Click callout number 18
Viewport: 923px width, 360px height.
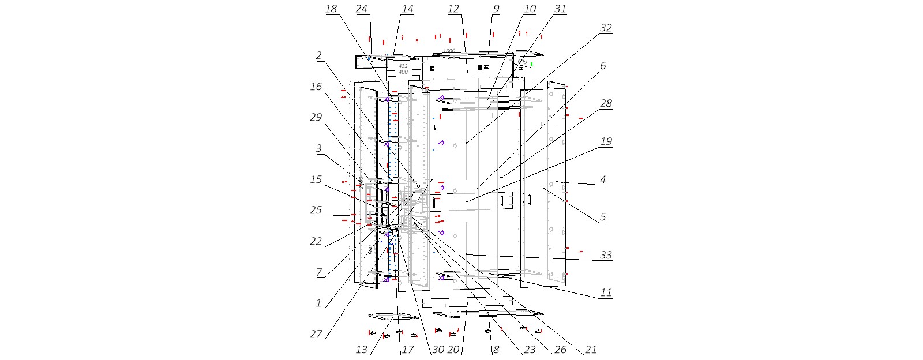(331, 9)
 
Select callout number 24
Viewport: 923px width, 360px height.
(362, 9)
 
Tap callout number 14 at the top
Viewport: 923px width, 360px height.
(407, 9)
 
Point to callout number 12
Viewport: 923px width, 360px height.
(453, 9)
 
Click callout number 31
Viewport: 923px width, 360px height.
(560, 9)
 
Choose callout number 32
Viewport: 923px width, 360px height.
(606, 28)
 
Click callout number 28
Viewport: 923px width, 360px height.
(606, 103)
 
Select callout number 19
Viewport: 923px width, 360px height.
(606, 141)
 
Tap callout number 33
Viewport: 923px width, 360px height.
(606, 255)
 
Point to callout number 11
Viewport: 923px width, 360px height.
(606, 293)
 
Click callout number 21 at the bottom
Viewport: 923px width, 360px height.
(591, 350)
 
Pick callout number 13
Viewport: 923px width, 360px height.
(362, 350)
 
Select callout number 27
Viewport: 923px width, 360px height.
(316, 335)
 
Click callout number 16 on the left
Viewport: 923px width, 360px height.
(316, 87)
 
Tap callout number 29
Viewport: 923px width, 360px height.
(316, 117)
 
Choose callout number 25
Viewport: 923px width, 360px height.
(316, 210)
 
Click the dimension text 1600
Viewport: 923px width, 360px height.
(449, 51)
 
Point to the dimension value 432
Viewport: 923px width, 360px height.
(403, 66)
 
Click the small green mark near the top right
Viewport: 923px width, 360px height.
(532, 64)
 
